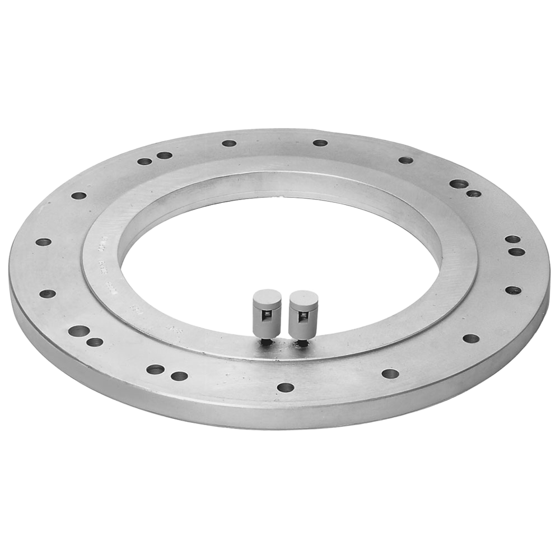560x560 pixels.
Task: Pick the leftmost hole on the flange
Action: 43,242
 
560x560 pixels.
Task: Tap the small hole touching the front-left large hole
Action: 95,342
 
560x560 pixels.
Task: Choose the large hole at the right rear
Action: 459,184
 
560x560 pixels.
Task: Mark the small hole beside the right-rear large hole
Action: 474,194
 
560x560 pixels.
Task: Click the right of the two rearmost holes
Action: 320,143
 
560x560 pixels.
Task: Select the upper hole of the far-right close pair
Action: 512,239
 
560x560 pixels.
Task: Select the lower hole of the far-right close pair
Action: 516,251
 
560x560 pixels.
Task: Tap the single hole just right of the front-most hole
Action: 390,374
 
